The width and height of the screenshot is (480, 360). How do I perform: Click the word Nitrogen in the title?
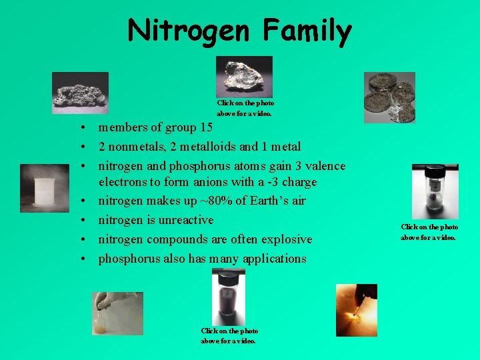[189, 30]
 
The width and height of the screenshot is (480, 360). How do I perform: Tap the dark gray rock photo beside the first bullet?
[81, 93]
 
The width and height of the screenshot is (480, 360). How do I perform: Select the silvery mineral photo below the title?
[244, 76]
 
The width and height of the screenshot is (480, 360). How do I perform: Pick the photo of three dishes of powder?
[389, 97]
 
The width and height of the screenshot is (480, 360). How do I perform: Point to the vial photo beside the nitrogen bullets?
[435, 191]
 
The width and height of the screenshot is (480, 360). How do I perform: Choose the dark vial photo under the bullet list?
[228, 297]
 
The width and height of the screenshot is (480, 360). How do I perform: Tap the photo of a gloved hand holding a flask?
[117, 313]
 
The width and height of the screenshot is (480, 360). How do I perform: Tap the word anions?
[207, 182]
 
